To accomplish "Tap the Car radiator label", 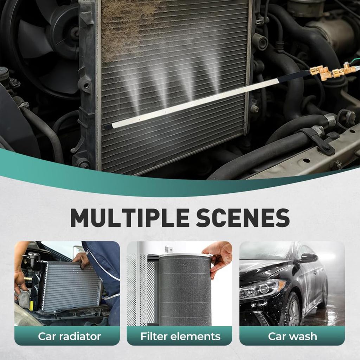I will [69, 336].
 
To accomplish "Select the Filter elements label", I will [180, 336].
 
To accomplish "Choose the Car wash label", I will [292, 336].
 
